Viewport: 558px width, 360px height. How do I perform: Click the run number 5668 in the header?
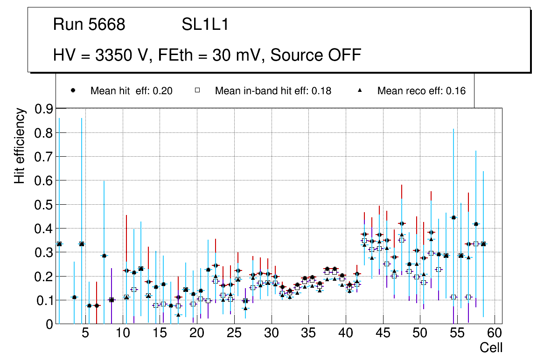tap(108, 25)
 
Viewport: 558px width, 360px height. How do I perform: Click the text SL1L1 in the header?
tap(205, 25)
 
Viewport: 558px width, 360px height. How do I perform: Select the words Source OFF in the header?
tap(315, 55)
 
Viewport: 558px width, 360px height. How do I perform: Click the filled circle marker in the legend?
tap(73, 90)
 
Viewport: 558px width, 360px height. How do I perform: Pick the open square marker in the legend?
tap(197, 90)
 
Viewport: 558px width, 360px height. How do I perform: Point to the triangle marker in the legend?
tap(360, 90)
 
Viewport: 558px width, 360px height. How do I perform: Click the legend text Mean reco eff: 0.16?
tap(421, 91)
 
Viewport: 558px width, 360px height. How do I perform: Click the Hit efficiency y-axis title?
tap(20, 145)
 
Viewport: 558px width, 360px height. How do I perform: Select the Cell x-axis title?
tap(491, 347)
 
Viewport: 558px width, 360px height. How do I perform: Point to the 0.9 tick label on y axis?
tap(44, 109)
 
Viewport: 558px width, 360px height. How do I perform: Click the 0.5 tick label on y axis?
tap(44, 205)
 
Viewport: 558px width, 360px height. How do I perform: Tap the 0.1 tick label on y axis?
tap(44, 300)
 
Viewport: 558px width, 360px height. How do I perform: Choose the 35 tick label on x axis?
tap(308, 333)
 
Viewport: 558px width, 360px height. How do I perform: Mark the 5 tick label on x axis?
tap(85, 333)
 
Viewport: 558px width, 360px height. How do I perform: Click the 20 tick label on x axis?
tap(197, 333)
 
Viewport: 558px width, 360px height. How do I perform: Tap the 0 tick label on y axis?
tap(49, 325)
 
